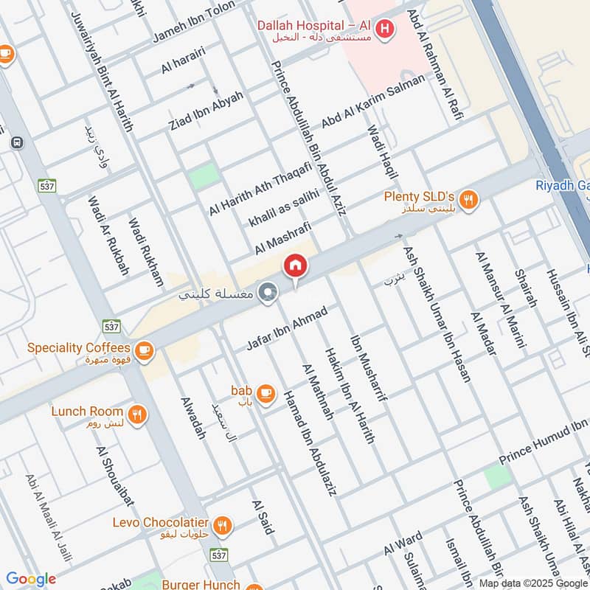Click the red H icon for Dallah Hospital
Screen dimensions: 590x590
[x=383, y=29]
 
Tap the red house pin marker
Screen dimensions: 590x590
[x=295, y=265]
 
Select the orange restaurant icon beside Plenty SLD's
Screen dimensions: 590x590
[x=467, y=200]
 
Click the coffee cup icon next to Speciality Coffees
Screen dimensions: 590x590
[x=144, y=350]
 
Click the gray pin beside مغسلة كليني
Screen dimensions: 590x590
[x=269, y=293]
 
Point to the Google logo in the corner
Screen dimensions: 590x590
[x=31, y=579]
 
